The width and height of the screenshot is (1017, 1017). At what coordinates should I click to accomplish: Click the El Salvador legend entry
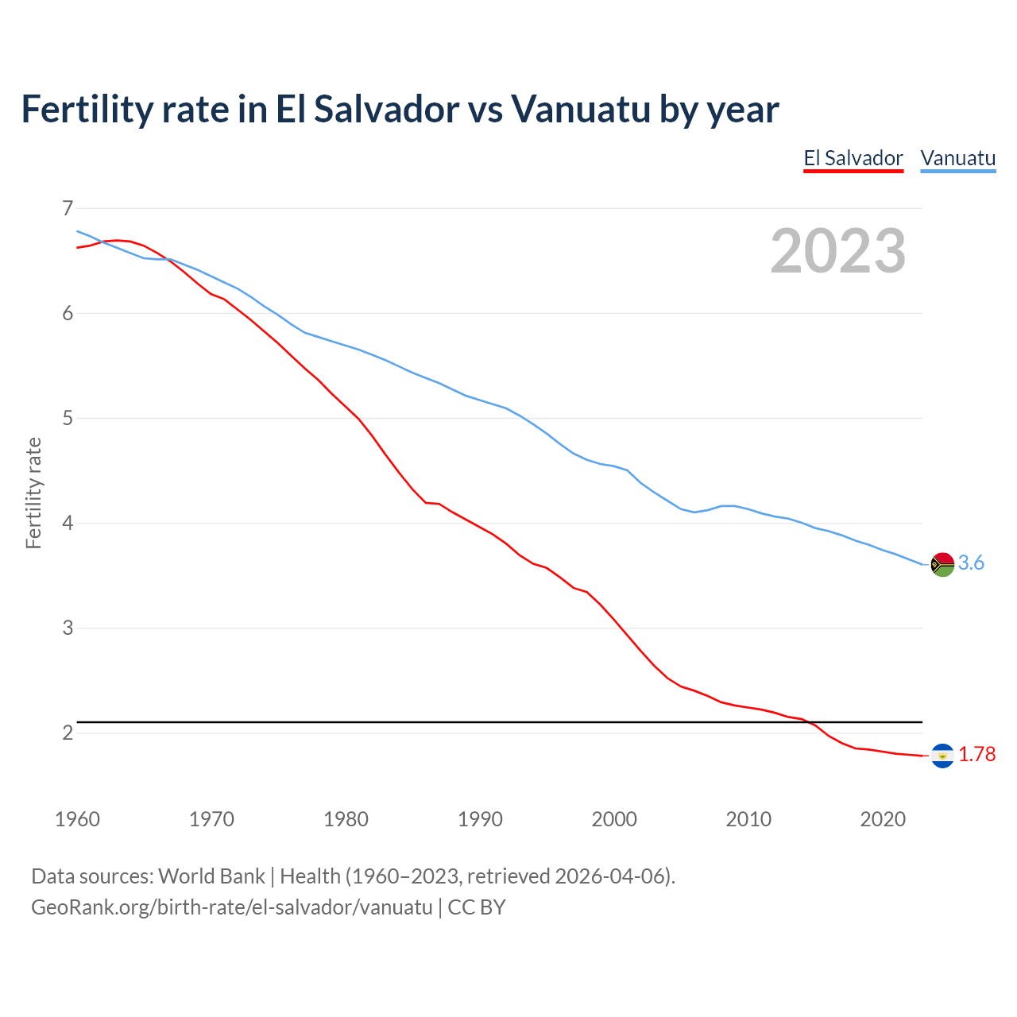[x=853, y=158]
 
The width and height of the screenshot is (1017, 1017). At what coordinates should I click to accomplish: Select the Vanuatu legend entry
[x=957, y=158]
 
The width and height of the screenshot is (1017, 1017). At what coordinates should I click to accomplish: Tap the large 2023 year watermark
[x=838, y=251]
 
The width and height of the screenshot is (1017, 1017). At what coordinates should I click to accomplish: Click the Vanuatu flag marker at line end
[x=942, y=564]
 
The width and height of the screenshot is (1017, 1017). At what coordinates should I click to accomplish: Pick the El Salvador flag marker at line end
[x=942, y=756]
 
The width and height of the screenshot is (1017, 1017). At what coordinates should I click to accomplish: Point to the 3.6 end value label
[x=971, y=563]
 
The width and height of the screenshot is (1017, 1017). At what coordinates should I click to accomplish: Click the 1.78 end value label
[x=976, y=755]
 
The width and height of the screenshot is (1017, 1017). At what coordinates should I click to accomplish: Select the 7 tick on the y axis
[x=68, y=209]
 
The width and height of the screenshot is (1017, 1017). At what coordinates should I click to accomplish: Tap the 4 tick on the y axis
[x=68, y=524]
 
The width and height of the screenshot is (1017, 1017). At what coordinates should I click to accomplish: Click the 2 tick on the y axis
[x=68, y=733]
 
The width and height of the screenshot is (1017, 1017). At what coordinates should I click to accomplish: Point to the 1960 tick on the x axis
[x=77, y=819]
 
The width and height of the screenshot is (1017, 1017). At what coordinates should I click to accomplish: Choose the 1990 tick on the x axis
[x=480, y=819]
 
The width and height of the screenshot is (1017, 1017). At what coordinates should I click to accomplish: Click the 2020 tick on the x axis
[x=883, y=819]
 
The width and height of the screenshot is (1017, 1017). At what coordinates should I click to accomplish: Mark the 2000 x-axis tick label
[x=614, y=819]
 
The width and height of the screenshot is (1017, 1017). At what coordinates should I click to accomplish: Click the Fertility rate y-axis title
[x=33, y=493]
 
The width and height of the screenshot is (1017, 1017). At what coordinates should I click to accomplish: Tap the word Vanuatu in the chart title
[x=580, y=109]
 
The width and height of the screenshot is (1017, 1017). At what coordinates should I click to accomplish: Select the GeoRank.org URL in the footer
[x=231, y=907]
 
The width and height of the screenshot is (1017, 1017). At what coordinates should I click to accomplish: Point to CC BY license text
[x=477, y=907]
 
